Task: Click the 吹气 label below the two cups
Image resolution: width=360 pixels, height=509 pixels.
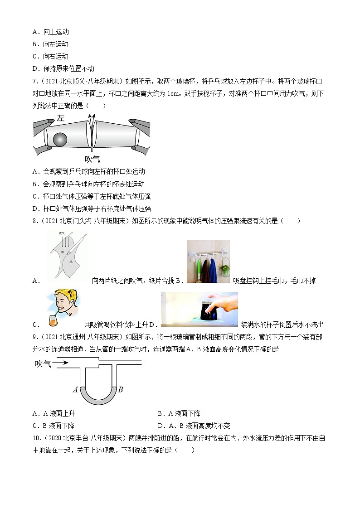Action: (x=92, y=159)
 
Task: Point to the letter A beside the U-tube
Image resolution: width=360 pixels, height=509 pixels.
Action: (x=75, y=389)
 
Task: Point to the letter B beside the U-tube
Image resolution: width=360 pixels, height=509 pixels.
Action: (x=121, y=389)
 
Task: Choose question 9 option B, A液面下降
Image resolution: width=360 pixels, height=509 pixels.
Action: (x=179, y=413)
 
